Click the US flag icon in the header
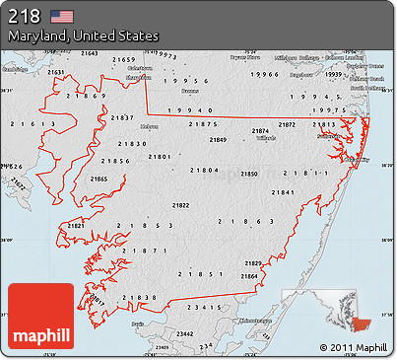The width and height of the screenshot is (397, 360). click(62, 15)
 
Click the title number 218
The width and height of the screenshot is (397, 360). click(25, 15)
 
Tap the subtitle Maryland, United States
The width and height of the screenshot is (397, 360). click(83, 36)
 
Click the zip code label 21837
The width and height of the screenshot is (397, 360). click(123, 117)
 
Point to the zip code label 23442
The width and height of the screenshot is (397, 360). click(157, 335)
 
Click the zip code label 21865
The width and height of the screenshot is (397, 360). click(99, 179)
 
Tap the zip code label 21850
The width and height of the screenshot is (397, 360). click(250, 174)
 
